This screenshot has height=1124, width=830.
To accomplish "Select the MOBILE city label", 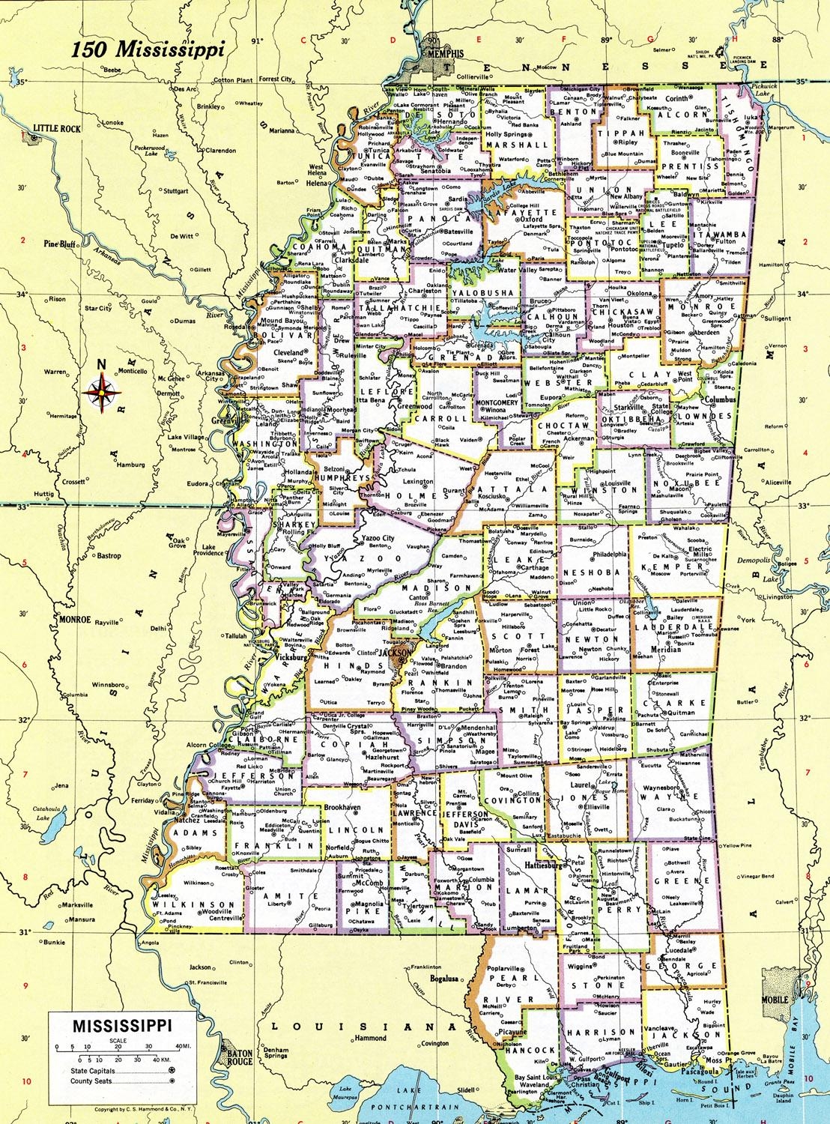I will tap(776, 1000).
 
